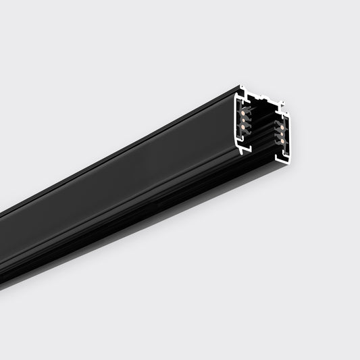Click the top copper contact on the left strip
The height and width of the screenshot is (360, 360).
coord(242,113)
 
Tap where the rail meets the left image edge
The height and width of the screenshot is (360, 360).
coord(2,249)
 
